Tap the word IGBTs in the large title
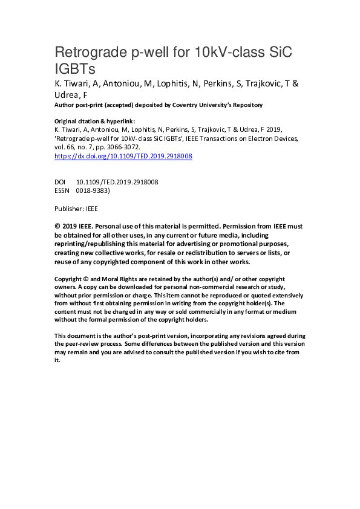(76, 68)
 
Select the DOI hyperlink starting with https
(123, 155)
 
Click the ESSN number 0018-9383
(93, 190)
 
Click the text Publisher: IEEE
(76, 208)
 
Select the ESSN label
(62, 190)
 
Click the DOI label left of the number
(61, 181)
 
